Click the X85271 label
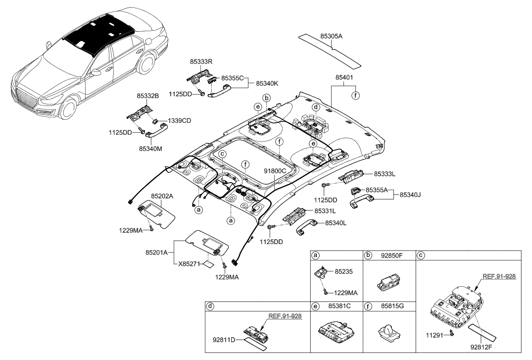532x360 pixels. point(191,264)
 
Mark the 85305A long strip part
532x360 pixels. point(329,49)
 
